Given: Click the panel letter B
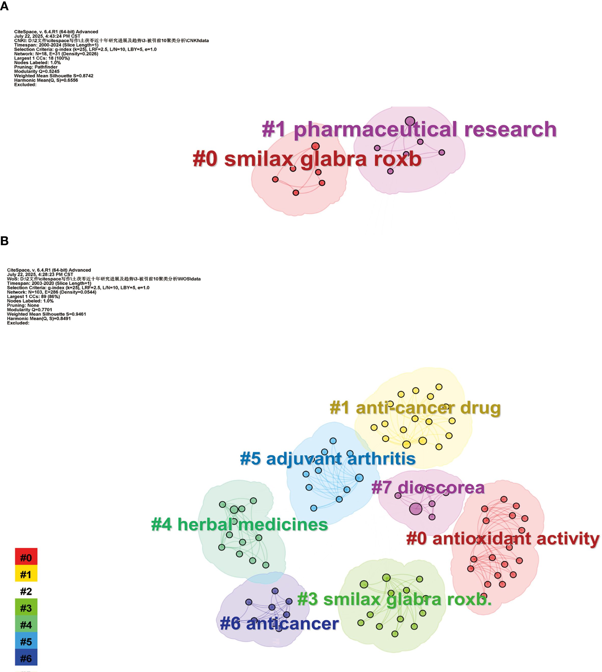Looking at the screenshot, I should pyautogui.click(x=4, y=241).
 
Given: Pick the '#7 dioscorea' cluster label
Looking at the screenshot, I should pyautogui.click(x=428, y=488).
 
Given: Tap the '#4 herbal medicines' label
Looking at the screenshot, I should pyautogui.click(x=239, y=524).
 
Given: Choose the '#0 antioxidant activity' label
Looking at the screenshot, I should pyautogui.click(x=502, y=539).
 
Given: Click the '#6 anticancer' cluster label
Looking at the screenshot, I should pyautogui.click(x=279, y=624).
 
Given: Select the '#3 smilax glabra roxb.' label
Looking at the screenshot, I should pyautogui.click(x=394, y=599).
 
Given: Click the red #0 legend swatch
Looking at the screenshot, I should pyautogui.click(x=26, y=558).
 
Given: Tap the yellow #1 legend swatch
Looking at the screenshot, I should pyautogui.click(x=26, y=575).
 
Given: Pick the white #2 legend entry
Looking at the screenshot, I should pyautogui.click(x=26, y=591).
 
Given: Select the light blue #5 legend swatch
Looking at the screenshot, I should pyautogui.click(x=26, y=642).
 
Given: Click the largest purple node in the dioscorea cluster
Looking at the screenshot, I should pyautogui.click(x=416, y=509).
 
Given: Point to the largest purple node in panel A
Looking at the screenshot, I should pyautogui.click(x=410, y=121).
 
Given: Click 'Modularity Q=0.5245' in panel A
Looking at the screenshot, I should pyautogui.click(x=37, y=71).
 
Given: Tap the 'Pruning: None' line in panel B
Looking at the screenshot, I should pyautogui.click(x=23, y=305).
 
